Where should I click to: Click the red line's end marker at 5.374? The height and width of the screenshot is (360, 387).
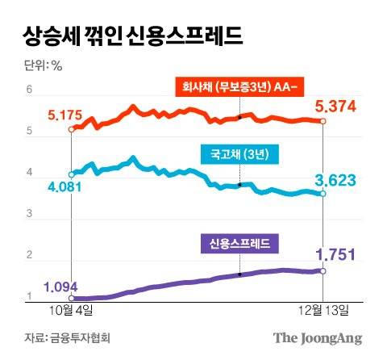click(323, 121)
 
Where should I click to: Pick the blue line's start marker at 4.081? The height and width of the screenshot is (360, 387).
click(72, 173)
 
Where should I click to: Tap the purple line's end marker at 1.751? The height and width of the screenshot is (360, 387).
click(323, 271)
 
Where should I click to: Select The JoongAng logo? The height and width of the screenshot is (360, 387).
click(317, 337)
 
